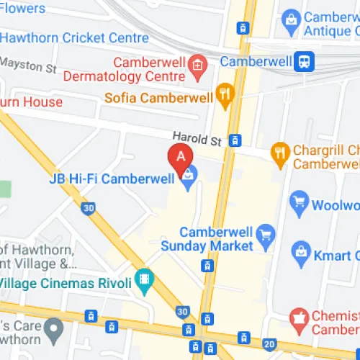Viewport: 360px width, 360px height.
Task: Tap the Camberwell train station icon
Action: tap(305, 61)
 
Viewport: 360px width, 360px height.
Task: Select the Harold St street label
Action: tap(195, 136)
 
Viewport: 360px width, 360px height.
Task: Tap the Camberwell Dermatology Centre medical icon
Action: tap(197, 66)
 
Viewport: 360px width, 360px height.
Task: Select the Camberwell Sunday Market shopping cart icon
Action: tap(266, 233)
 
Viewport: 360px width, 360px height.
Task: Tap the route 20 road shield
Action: tap(269, 344)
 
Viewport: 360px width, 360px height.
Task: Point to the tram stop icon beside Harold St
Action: tap(234, 140)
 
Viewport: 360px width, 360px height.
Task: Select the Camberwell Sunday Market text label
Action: tap(216, 239)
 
